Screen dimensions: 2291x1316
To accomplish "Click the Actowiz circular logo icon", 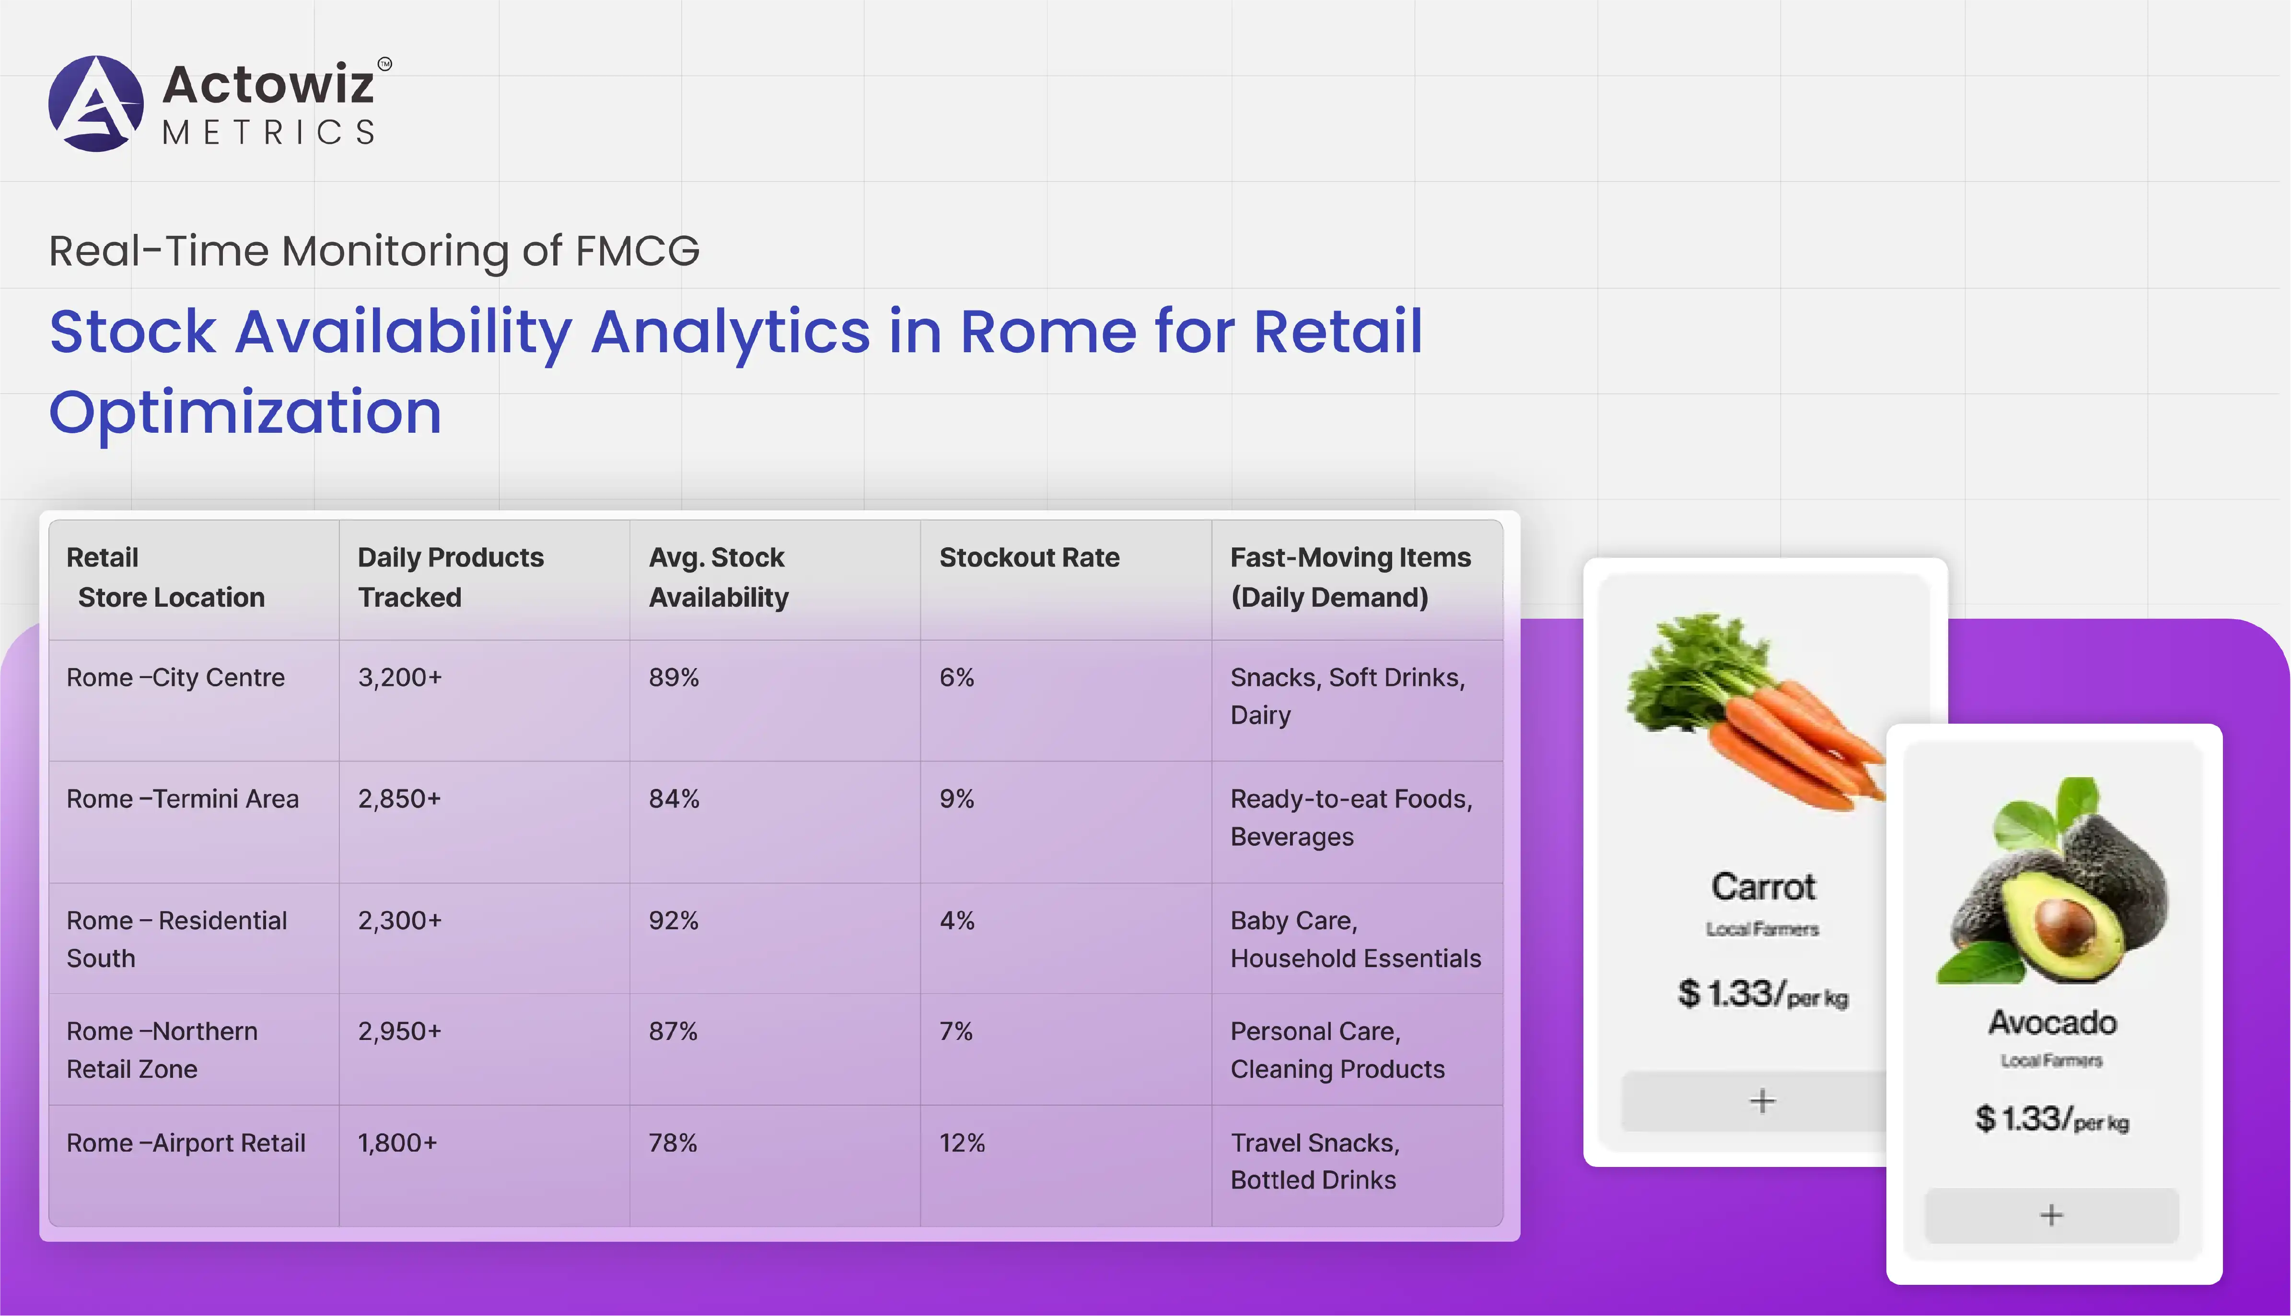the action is pyautogui.click(x=96, y=103).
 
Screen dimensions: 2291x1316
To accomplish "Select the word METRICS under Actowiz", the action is pyautogui.click(x=268, y=133).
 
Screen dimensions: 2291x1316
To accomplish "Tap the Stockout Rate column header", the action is pyautogui.click(x=1029, y=558).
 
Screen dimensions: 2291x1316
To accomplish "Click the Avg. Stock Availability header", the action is pyautogui.click(x=719, y=577).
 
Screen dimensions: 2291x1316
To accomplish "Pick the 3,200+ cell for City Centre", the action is pyautogui.click(x=400, y=678).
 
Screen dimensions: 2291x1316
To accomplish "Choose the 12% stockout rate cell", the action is pyautogui.click(x=962, y=1143).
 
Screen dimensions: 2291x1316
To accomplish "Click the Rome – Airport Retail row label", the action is pyautogui.click(x=186, y=1143).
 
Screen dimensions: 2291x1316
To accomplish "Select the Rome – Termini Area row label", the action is pyautogui.click(x=183, y=799).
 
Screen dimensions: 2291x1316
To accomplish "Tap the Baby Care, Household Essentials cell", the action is pyautogui.click(x=1355, y=939).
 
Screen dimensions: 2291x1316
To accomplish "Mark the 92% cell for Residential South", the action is pyautogui.click(x=674, y=921).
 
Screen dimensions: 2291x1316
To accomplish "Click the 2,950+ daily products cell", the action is pyautogui.click(x=400, y=1031).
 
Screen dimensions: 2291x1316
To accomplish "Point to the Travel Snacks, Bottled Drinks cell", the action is pyautogui.click(x=1314, y=1161).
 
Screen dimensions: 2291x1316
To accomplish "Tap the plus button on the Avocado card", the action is pyautogui.click(x=2051, y=1215).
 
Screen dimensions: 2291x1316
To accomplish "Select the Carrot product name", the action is pyautogui.click(x=1763, y=887).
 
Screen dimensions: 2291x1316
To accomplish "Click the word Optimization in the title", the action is pyautogui.click(x=245, y=412).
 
